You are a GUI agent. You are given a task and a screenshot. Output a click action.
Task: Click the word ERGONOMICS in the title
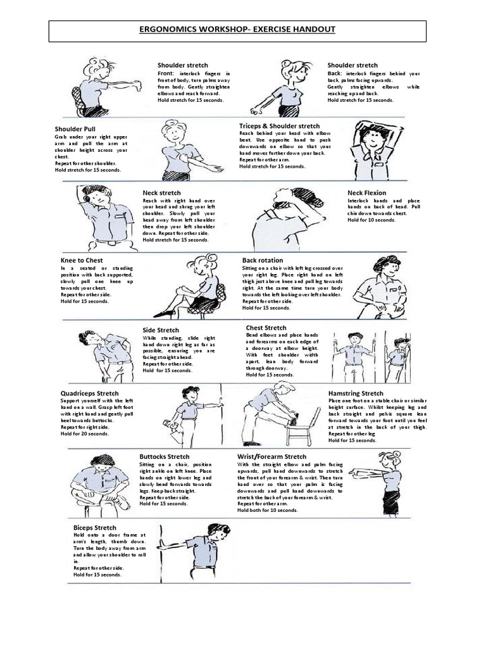coord(171,30)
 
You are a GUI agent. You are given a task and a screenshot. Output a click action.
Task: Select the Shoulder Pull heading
coord(75,129)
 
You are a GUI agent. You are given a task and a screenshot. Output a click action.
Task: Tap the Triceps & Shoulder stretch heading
coord(279,126)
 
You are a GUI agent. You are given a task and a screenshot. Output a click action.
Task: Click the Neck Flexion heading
coord(366,192)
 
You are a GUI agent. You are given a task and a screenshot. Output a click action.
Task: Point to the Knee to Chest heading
coord(82,260)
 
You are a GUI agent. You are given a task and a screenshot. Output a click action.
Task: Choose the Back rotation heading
coord(263,260)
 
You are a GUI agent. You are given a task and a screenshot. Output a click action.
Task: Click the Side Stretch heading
coord(161,330)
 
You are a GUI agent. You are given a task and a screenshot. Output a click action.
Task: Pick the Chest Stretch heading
coord(266,328)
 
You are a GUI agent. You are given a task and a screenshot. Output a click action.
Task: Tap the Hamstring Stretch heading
coord(356,393)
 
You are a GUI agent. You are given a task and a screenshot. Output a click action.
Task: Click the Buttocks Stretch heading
coord(164,456)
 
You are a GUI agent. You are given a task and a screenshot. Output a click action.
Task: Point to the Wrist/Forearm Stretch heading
coord(271,456)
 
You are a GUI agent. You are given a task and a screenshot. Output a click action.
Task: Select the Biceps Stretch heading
coord(95,527)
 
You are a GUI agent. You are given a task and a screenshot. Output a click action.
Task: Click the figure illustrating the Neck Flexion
coord(291,218)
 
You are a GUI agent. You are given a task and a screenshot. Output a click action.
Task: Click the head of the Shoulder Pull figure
coord(174,132)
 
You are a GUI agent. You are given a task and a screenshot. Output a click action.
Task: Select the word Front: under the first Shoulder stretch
coord(166,73)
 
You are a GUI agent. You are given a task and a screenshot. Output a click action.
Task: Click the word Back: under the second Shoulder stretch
coord(335,73)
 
